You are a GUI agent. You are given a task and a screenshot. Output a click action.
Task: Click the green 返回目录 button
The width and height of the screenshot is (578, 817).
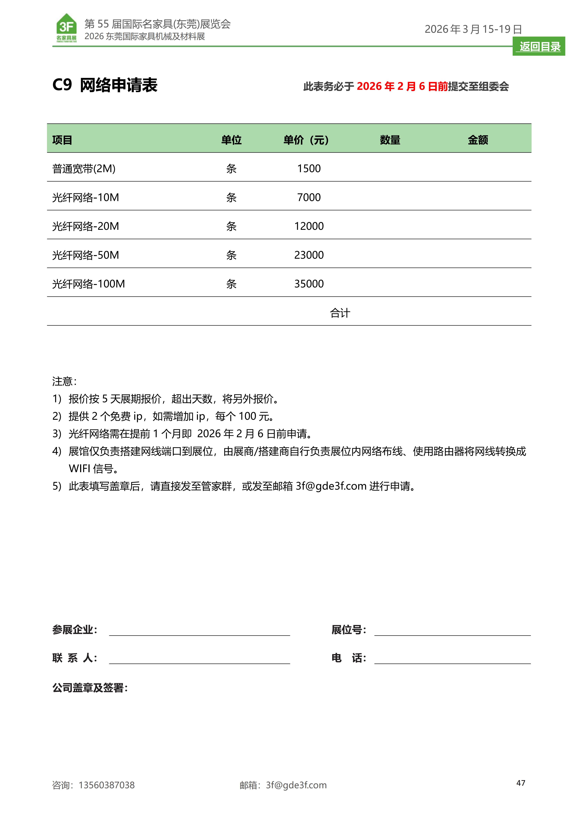coord(539,47)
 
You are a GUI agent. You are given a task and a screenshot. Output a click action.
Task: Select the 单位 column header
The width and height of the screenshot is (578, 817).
coord(231,140)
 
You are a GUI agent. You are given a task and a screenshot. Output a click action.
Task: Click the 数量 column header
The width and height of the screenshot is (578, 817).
coord(390,140)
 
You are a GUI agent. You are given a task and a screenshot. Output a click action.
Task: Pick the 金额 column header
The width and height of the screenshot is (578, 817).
coord(478,140)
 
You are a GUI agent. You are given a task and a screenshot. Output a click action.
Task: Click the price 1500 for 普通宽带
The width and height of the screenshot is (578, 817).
coord(309,168)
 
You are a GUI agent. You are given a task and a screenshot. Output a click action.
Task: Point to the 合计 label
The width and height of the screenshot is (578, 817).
coord(340,313)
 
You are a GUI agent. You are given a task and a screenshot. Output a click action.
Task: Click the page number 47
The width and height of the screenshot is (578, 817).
coord(521,783)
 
